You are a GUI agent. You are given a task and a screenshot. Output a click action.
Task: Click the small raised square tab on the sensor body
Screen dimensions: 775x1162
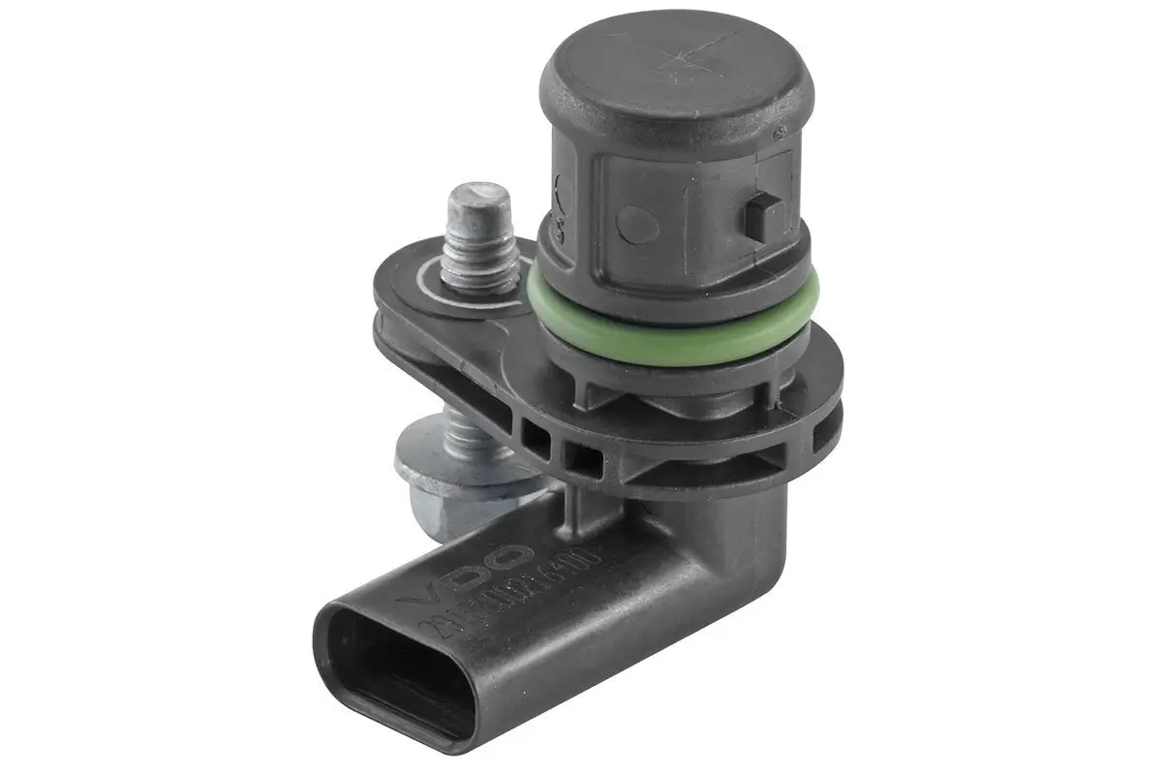coord(761,214)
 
